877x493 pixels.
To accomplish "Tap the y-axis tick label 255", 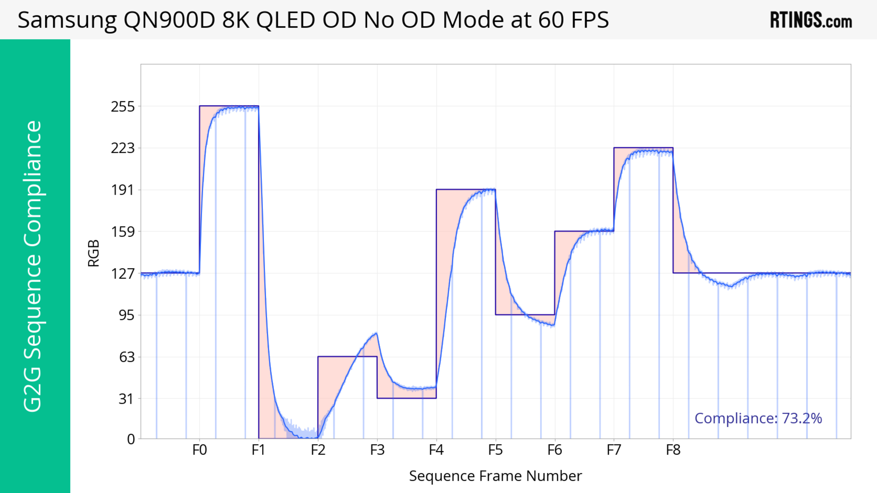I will tap(123, 107).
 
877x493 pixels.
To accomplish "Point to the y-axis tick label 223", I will tap(123, 148).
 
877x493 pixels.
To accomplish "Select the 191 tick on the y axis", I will tap(123, 190).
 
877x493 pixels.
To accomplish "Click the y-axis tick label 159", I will tap(123, 232).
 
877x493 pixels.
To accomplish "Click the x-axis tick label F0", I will tap(200, 450).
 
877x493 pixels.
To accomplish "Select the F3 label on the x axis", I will tap(377, 450).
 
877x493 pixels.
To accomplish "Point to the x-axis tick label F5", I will tap(495, 450).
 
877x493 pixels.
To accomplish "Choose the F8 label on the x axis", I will tap(673, 450).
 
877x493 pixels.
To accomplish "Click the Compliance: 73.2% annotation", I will tap(758, 418).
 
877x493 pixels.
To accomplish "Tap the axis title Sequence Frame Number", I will tap(495, 476).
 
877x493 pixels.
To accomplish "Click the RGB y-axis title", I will tap(94, 253).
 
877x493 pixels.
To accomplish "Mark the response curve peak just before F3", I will tap(376, 333).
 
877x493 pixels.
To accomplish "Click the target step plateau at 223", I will tap(643, 148).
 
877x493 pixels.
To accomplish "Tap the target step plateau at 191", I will tap(466, 189).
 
